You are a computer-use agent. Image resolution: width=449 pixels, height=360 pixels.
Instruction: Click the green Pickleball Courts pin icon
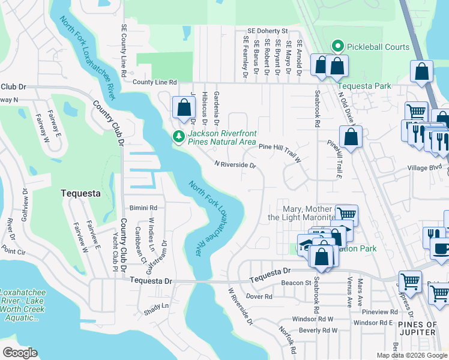337,46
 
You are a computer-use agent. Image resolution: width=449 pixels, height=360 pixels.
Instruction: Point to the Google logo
19,352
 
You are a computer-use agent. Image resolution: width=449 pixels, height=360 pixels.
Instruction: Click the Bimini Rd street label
143,208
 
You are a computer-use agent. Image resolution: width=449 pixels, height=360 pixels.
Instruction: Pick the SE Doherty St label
268,31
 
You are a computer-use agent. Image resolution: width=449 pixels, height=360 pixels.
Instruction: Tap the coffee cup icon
439,247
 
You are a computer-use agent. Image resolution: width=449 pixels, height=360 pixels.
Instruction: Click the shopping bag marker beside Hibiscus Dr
184,108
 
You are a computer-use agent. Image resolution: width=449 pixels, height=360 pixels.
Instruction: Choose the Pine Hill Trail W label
279,147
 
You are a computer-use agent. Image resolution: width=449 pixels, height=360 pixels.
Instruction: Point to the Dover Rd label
259,296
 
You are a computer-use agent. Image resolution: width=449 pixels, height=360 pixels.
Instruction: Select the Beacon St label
295,283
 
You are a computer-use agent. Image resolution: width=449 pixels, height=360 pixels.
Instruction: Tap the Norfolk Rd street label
288,339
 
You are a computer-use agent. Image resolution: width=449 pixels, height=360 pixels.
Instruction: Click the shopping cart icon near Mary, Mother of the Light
346,214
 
